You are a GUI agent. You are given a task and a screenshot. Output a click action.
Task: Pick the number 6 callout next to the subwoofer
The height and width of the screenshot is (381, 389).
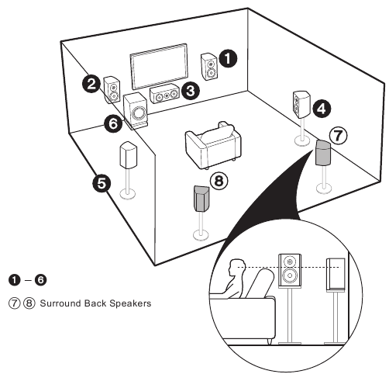pos(112,122)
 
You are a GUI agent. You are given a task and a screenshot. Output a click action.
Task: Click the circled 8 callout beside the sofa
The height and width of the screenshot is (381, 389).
pos(221,182)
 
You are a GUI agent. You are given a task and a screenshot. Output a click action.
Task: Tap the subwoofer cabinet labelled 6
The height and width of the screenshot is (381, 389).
pos(136,112)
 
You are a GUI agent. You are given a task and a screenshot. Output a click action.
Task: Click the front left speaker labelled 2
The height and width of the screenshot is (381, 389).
pos(112,85)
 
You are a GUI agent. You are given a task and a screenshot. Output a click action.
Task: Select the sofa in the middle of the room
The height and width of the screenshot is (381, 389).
pos(211,146)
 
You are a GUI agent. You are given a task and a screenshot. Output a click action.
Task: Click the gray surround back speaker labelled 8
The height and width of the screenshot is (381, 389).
pos(201,198)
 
